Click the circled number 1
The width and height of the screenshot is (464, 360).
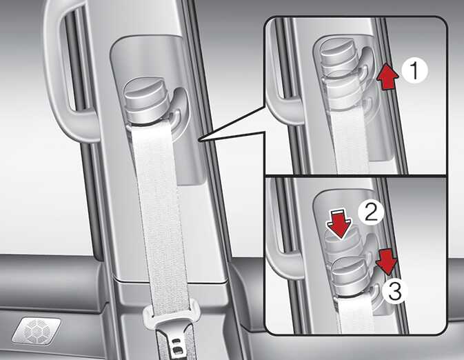[415, 71]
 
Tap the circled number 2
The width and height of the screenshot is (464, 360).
[371, 212]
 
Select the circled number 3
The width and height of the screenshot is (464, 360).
[395, 290]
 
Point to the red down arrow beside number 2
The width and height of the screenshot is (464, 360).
[341, 223]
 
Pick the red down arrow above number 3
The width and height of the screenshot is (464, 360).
[386, 262]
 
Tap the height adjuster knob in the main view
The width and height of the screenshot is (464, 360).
[146, 102]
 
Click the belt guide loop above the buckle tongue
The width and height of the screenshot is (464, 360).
[170, 311]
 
